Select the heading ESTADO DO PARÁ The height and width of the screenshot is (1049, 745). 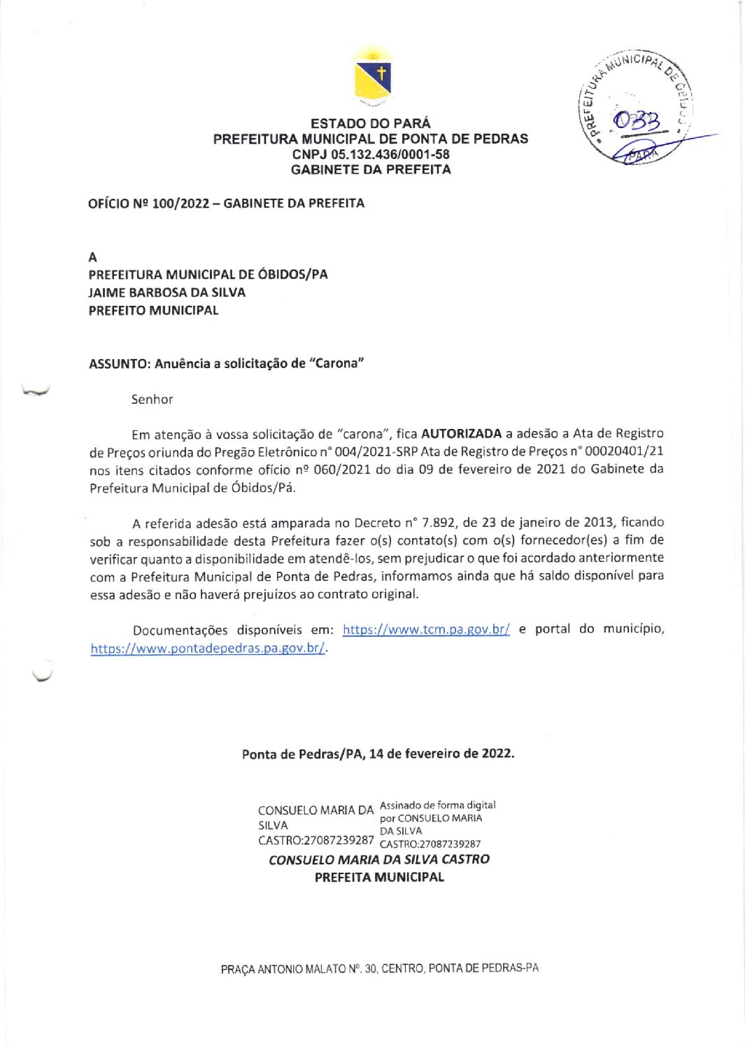371,123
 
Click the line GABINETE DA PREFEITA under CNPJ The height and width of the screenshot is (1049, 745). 371,169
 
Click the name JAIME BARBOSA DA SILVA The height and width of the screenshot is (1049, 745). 166,293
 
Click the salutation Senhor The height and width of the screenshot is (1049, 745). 152,400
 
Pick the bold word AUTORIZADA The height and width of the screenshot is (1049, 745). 461,434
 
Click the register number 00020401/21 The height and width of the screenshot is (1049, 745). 624,452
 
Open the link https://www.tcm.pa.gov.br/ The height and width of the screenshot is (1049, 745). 426,630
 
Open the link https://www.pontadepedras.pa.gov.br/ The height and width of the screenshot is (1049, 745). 208,648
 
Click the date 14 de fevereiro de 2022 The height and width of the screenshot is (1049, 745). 441,754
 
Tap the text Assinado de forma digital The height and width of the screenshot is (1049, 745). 437,805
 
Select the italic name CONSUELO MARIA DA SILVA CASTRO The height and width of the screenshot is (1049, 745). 379,859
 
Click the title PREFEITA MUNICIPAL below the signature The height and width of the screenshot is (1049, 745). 379,878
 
